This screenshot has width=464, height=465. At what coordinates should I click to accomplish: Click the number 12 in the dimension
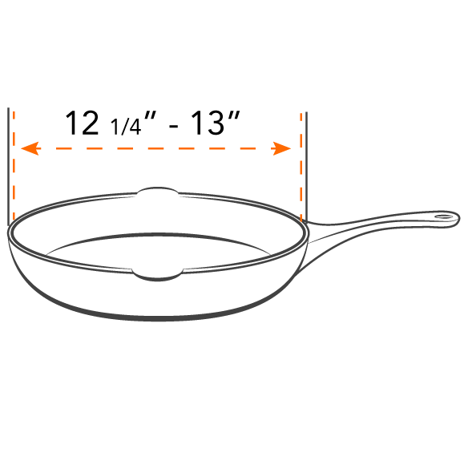point(82,123)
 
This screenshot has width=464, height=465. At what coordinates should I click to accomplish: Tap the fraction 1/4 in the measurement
point(125,127)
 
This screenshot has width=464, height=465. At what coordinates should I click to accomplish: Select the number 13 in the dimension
point(207,123)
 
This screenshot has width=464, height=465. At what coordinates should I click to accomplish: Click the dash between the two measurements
point(173,127)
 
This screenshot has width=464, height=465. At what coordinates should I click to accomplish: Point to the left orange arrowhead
point(30,148)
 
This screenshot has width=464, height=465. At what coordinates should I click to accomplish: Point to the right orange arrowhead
point(281,148)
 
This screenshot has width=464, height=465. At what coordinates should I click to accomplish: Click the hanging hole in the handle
point(444,216)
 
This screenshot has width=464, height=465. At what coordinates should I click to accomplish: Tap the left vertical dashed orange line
point(14,166)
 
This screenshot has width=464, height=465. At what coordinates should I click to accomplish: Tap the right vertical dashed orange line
point(301,167)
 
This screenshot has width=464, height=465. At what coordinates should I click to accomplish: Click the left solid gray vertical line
point(8,167)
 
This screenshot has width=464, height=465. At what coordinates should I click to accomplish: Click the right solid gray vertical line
point(306,167)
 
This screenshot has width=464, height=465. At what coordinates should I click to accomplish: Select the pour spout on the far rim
point(158,191)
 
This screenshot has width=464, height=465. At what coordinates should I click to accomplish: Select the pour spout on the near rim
point(157,275)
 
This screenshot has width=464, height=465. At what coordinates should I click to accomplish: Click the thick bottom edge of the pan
point(157,318)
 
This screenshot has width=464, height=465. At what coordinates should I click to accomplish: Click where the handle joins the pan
point(306,232)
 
